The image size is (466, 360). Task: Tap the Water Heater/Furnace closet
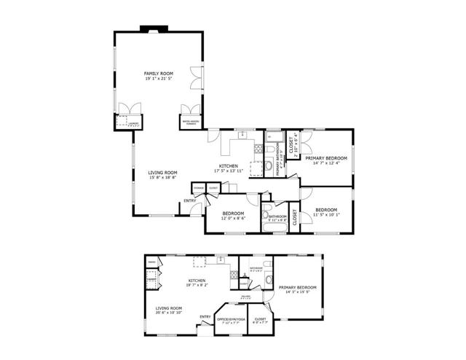(x=189, y=122)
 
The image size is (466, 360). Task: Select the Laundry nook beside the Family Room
(x=128, y=122)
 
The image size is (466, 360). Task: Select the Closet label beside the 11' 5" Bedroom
(x=294, y=218)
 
